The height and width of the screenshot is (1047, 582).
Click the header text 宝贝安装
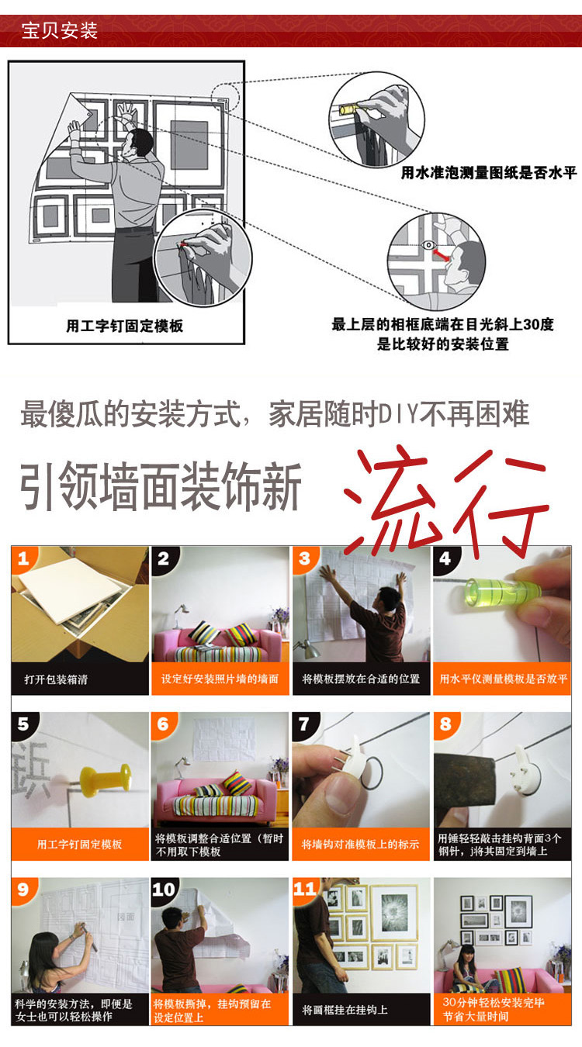(60, 31)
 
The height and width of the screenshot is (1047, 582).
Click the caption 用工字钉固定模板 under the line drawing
(124, 326)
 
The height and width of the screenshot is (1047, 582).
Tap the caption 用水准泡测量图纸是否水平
(488, 173)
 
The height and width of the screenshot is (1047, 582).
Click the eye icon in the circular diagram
(428, 245)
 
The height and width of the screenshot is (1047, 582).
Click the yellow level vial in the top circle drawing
(348, 110)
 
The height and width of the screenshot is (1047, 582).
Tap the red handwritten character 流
(390, 499)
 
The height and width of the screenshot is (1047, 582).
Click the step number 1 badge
(23, 558)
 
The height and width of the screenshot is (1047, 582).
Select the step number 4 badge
(445, 558)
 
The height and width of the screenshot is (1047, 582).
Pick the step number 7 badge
(305, 724)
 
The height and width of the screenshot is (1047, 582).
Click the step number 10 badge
(164, 889)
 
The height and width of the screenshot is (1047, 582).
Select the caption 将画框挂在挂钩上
(345, 1010)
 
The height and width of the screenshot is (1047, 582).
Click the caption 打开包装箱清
(56, 679)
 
